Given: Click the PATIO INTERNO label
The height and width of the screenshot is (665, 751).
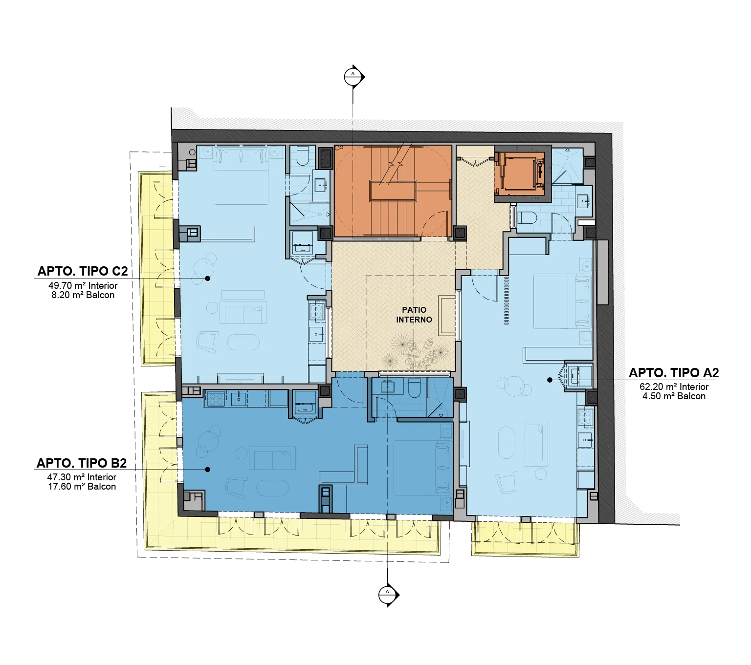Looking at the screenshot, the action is tap(414, 315).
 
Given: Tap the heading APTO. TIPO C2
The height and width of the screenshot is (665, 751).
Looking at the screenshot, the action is tap(83, 271).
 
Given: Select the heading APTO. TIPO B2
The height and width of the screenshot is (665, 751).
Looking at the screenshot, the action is tap(82, 463).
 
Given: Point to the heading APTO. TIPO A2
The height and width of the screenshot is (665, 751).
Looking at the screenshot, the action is tap(674, 372).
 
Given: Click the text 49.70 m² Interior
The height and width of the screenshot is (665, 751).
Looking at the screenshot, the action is tap(83, 286).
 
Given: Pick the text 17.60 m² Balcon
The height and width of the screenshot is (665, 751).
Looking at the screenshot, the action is tap(82, 487).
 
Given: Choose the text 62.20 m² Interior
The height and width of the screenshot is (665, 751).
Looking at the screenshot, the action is tap(674, 387).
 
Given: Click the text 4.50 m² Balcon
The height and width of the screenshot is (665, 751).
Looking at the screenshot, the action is tap(674, 396).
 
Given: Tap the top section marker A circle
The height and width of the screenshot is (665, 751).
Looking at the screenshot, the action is tap(353, 77).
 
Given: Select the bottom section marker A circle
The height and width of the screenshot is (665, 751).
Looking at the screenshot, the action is tap(387, 595).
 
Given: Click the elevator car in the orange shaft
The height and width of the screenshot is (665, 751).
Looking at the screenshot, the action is tap(520, 172).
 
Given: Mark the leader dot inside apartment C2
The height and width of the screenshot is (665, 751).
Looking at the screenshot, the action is tap(208, 278).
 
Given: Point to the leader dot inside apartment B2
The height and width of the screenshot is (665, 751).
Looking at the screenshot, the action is tap(208, 470).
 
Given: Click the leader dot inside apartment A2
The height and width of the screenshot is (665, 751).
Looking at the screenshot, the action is tap(550, 380).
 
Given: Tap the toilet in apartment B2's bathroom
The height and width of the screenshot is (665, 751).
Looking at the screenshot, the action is tap(414, 386).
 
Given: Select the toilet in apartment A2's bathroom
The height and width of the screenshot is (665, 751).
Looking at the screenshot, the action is tap(527, 217).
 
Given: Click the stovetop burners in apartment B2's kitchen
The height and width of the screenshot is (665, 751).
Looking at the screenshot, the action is tap(216, 399).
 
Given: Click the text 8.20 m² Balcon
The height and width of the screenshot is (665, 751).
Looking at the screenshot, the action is tap(83, 295).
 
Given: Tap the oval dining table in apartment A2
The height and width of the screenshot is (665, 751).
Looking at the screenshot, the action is tap(507, 443).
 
